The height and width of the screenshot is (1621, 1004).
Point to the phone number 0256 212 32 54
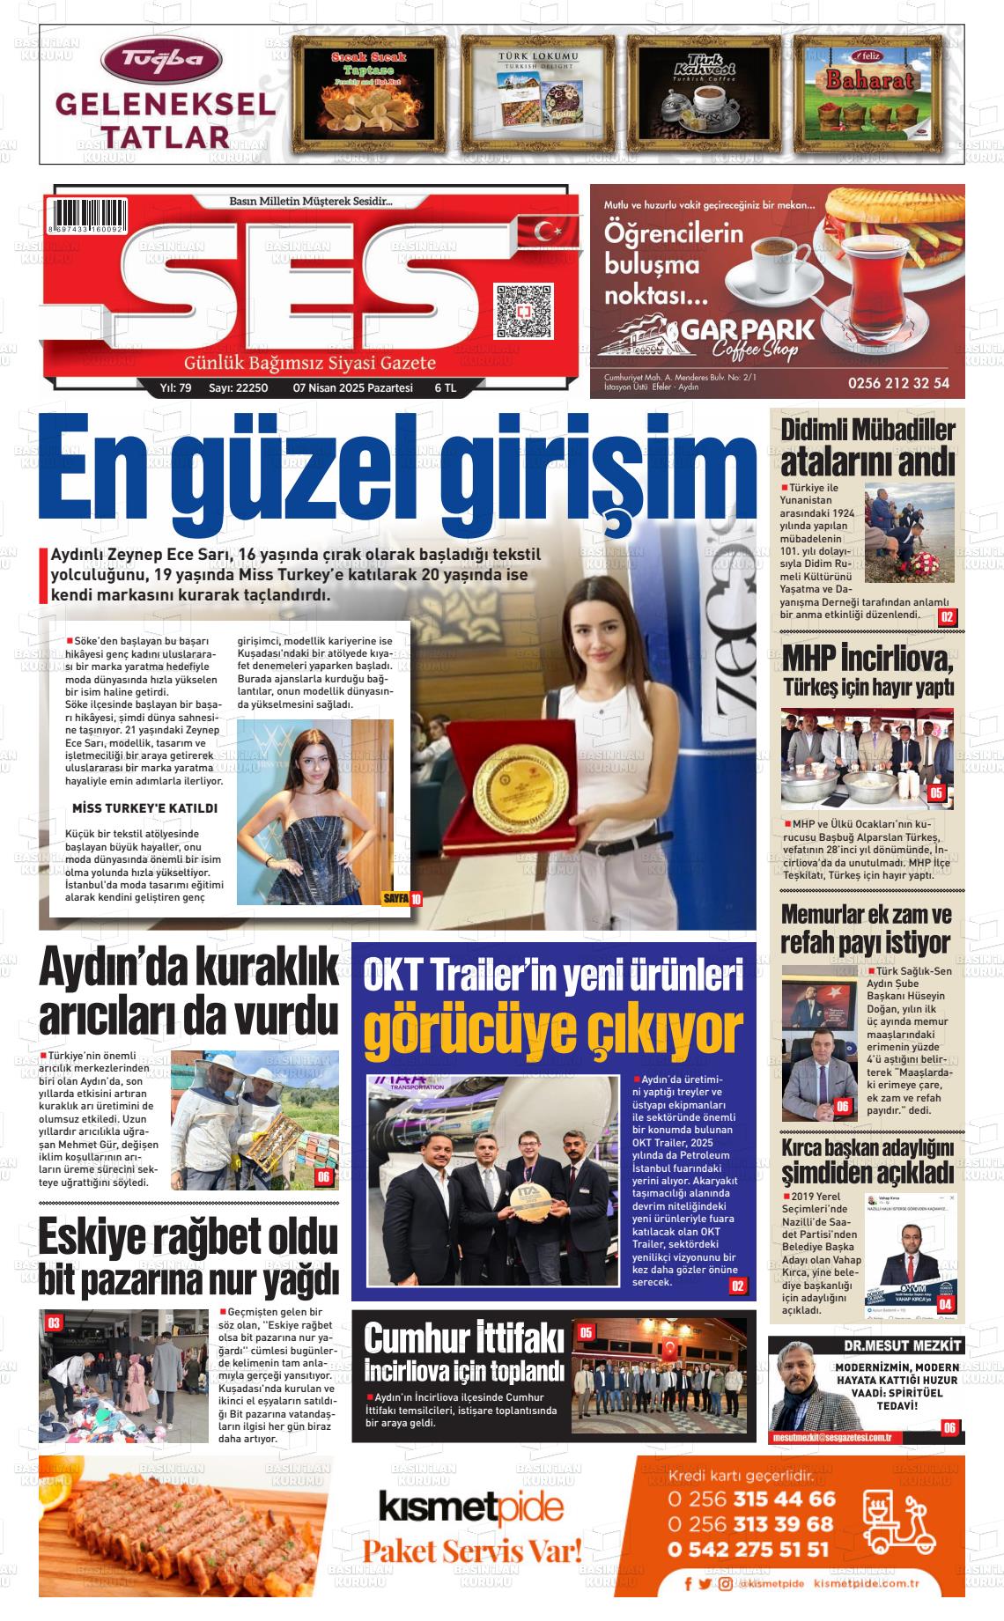(x=898, y=383)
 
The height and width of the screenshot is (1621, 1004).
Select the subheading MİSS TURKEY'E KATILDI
(x=144, y=808)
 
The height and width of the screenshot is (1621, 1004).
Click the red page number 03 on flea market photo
(x=54, y=1323)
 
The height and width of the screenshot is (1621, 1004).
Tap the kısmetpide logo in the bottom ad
(x=470, y=1508)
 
